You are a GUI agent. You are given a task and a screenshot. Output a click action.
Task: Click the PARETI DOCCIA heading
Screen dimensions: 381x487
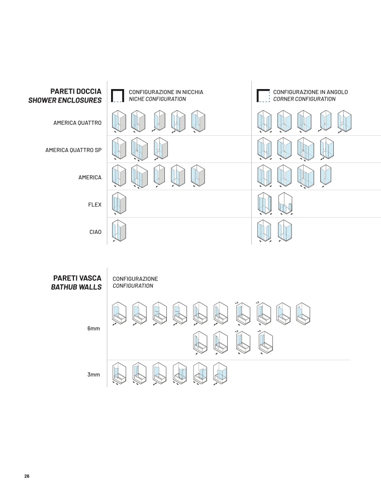tap(76, 92)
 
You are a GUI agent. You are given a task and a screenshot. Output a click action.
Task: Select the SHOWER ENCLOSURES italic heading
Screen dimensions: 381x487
tap(65, 100)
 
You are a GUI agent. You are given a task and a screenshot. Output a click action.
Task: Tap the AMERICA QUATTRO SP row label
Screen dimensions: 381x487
tap(73, 150)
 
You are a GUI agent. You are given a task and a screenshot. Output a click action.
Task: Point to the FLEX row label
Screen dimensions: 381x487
tap(94, 205)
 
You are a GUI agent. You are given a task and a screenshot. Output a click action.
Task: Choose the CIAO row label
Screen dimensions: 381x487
tap(96, 232)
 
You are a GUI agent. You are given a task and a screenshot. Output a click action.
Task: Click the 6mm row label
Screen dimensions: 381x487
tap(93, 329)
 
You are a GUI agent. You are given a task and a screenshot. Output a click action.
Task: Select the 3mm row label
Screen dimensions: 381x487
tap(93, 375)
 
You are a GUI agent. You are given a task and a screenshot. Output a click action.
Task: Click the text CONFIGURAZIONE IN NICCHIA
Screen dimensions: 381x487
tap(166, 92)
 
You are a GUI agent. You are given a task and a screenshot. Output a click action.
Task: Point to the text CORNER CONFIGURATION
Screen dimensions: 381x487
tap(304, 99)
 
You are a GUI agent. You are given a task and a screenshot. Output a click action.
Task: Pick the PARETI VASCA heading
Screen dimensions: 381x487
tap(77, 278)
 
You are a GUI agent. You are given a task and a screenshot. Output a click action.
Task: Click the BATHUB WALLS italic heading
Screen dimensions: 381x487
tap(76, 287)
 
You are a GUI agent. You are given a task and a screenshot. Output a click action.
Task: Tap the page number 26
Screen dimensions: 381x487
tap(27, 476)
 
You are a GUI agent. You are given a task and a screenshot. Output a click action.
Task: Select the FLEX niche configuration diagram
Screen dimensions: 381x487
tap(119, 203)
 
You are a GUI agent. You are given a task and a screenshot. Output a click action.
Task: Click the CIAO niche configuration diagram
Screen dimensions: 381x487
tap(119, 230)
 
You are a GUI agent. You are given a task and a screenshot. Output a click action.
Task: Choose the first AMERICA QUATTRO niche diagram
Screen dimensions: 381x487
tap(119, 121)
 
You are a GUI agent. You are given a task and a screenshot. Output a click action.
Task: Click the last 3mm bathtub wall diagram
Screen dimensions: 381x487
tap(220, 374)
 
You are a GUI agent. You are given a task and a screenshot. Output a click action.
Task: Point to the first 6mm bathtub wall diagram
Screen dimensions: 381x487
tap(119, 314)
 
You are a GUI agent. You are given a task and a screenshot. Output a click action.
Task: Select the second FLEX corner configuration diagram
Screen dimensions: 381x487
tap(285, 203)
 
